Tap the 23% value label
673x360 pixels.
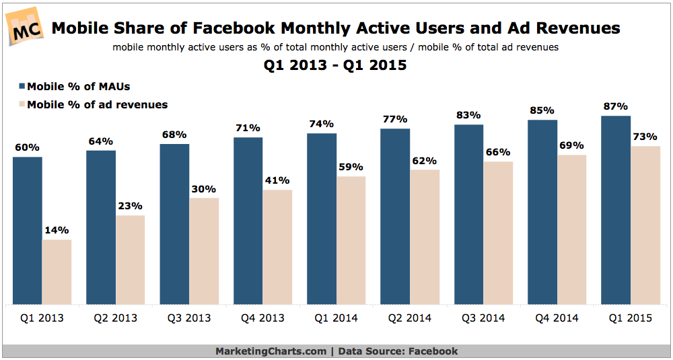point(130,206)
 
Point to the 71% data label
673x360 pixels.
point(248,128)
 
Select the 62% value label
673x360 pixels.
point(425,161)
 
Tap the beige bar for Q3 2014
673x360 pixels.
point(498,232)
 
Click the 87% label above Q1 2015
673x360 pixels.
point(615,106)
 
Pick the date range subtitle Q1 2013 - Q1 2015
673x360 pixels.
point(335,66)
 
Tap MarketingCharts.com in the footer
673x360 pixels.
point(270,351)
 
